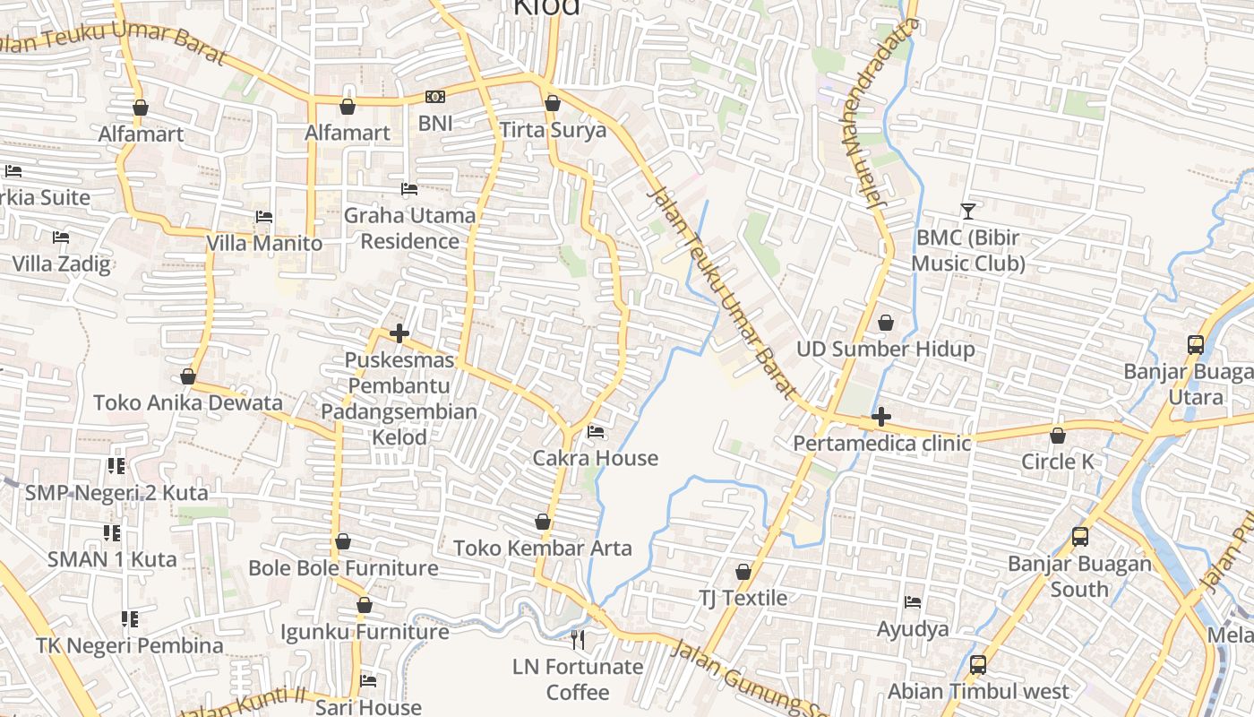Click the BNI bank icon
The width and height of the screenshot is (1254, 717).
[x=434, y=97]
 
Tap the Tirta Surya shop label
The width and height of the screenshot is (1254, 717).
[x=553, y=130]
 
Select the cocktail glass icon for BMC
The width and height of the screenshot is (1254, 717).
[x=967, y=212]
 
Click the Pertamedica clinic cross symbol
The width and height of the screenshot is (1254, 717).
[x=881, y=417]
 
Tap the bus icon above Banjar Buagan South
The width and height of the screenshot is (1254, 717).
[x=1080, y=537]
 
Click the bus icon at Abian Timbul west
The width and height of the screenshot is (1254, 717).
[x=978, y=665]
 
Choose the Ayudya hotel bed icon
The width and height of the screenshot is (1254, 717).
[x=913, y=602]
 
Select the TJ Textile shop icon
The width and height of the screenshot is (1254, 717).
[x=743, y=572]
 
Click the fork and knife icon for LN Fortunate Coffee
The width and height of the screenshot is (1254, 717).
[x=578, y=639]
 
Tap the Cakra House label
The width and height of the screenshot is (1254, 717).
[x=595, y=458]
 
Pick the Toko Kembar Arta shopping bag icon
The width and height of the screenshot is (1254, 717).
[x=542, y=522]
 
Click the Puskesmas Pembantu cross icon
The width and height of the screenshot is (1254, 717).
[x=399, y=334]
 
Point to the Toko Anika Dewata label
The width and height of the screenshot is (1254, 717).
[x=188, y=402]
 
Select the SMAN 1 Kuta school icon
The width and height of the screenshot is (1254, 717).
[x=112, y=533]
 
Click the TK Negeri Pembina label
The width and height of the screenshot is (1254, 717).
[x=130, y=645]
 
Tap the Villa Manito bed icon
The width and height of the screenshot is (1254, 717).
[x=263, y=217]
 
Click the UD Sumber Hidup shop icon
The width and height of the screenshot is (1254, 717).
[x=886, y=323]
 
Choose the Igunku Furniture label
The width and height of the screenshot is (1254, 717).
[x=365, y=632]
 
